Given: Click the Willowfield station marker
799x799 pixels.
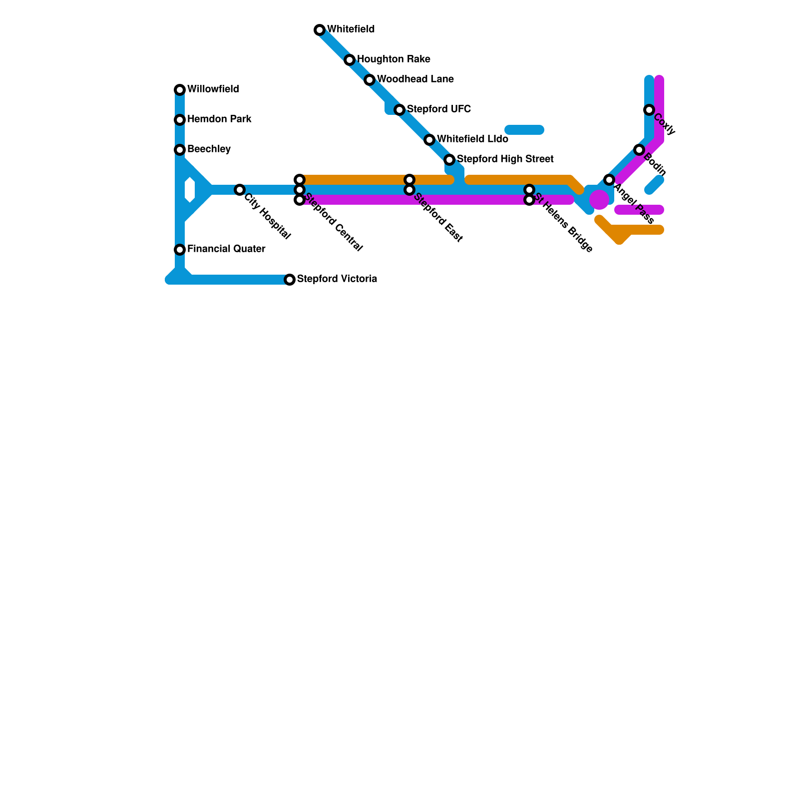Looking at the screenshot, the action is [x=180, y=90].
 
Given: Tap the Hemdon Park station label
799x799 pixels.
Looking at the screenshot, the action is [x=219, y=119].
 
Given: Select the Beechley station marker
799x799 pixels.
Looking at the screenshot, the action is [x=180, y=150].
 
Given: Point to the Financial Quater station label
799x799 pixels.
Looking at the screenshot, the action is [x=226, y=249].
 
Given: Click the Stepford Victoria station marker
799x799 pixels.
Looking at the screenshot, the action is [x=290, y=280].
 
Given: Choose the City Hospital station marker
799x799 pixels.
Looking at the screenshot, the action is [x=240, y=190].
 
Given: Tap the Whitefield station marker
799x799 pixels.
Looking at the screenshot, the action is [x=320, y=30].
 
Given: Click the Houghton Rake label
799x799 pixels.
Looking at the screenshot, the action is [x=394, y=59].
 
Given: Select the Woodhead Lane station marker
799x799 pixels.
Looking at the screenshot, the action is [x=370, y=80].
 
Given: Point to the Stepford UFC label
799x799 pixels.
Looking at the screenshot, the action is [x=438, y=109].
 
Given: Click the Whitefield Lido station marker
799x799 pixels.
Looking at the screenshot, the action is [x=429, y=140].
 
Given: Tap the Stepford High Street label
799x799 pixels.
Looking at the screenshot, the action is [x=505, y=159].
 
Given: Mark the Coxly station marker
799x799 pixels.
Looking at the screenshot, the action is [x=649, y=110].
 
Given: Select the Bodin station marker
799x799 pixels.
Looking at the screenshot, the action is [x=639, y=150].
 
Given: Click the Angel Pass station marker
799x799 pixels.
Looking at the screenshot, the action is [x=609, y=180].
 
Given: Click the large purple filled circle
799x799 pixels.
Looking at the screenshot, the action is [x=599, y=200].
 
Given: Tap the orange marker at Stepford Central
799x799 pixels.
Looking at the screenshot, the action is [x=300, y=180].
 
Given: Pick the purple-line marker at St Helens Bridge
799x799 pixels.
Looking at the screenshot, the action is [x=529, y=200].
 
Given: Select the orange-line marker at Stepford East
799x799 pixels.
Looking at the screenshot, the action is [x=409, y=180].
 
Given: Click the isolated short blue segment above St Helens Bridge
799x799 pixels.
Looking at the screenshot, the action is [x=524, y=130].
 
